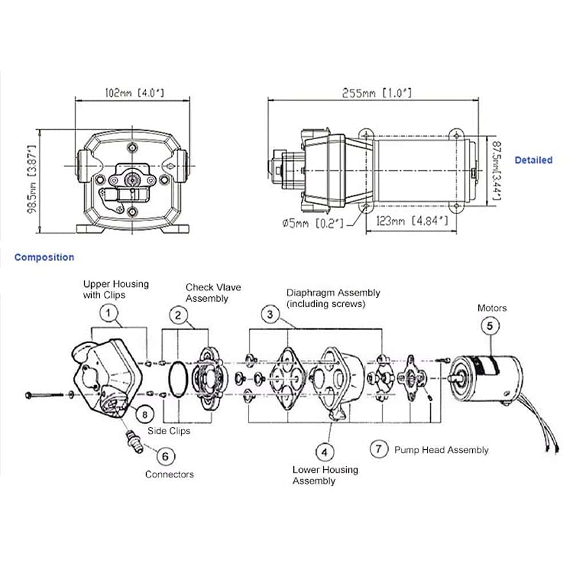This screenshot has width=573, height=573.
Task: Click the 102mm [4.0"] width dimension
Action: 135,92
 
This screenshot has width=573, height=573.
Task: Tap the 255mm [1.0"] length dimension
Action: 377,93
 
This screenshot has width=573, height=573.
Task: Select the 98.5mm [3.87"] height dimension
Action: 33,179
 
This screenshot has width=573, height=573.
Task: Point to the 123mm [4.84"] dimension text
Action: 412,221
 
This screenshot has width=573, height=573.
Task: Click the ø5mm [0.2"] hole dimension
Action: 313,223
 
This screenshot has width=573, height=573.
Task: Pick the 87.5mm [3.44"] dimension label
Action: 496,171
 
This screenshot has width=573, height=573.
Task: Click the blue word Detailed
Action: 533,160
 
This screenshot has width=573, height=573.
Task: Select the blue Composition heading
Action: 44,257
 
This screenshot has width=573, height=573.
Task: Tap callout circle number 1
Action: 108,313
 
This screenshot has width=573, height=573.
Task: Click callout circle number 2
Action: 178,315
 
